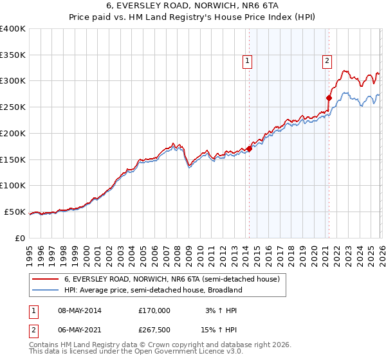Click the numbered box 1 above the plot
coord(248,61)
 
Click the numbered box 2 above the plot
coord(327,61)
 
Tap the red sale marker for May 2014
coord(249,149)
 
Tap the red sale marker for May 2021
coord(329,98)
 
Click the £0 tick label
coord(20,238)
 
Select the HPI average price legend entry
coord(152,290)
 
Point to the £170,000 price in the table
coord(154,310)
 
